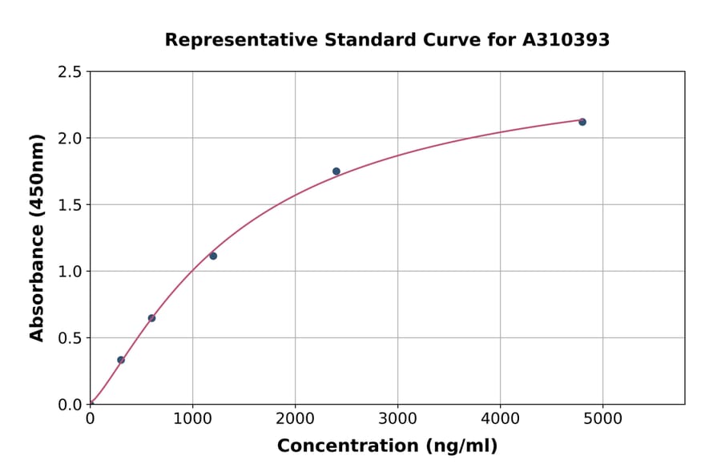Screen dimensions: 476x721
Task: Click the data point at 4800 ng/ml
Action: pos(582,122)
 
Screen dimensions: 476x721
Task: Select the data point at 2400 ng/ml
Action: pos(336,171)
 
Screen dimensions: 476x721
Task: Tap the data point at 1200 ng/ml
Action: pos(213,256)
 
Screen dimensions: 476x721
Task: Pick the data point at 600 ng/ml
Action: pos(151,318)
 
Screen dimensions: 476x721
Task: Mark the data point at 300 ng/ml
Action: pos(121,360)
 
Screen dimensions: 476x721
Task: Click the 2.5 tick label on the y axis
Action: pos(70,72)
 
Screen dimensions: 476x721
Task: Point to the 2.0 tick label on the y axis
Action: pos(70,139)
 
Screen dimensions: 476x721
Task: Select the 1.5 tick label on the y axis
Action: pos(70,205)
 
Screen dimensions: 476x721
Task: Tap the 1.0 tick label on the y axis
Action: pos(70,272)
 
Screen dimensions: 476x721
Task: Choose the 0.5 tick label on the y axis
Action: pos(70,338)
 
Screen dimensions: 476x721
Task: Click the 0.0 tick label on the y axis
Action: pos(70,405)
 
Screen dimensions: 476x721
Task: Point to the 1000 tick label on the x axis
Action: pos(192,419)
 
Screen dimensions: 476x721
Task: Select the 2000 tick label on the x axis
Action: pos(295,419)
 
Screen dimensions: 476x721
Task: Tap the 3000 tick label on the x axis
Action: pos(398,419)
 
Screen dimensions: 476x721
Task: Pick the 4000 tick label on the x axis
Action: pos(501,419)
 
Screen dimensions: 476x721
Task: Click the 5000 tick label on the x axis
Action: pos(603,419)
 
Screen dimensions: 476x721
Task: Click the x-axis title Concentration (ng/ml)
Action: pos(387,446)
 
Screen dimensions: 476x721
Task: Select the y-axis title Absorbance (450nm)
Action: pos(37,238)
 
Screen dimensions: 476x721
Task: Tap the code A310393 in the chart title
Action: pos(566,40)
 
